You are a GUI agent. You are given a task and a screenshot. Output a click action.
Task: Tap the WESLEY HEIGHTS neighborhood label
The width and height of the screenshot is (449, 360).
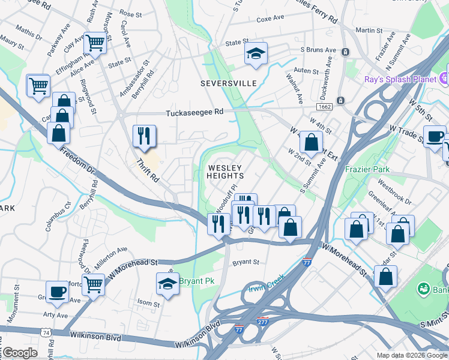[x=225, y=172]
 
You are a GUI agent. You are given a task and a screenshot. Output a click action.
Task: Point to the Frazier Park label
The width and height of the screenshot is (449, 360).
[x=368, y=169]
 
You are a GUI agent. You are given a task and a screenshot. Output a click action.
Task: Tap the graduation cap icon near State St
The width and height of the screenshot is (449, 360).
[x=256, y=54]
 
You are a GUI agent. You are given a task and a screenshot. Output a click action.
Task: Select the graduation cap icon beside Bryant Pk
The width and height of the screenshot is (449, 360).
[x=167, y=284]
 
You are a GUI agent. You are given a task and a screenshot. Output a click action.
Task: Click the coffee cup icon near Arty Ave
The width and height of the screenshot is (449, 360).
[x=58, y=292]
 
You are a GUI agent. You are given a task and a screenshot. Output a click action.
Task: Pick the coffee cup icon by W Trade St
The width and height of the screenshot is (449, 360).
[x=434, y=137]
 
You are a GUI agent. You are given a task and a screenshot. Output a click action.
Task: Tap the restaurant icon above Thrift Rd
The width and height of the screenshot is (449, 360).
[x=143, y=136]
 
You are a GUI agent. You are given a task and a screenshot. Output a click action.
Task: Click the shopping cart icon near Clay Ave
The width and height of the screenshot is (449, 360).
[x=95, y=43]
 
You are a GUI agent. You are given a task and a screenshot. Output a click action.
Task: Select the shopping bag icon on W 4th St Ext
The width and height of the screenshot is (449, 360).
[x=311, y=143]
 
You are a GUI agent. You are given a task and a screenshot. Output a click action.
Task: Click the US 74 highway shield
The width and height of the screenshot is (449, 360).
[x=46, y=331]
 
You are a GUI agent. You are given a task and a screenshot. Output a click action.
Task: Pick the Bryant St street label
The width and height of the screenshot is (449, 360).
[x=246, y=262]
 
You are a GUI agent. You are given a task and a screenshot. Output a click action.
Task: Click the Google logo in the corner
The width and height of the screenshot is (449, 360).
[x=19, y=353]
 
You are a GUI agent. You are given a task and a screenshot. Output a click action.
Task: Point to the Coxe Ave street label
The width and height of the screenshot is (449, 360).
[x=270, y=19]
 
